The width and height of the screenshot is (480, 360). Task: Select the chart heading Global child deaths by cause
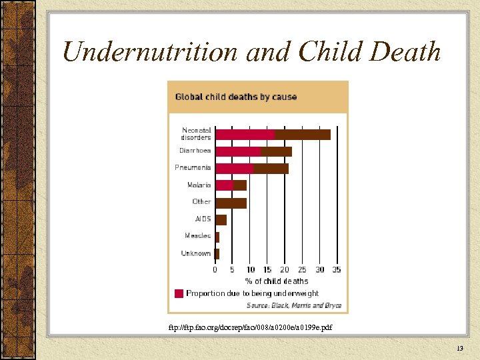point(236,97)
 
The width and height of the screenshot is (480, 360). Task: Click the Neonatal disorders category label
point(196,134)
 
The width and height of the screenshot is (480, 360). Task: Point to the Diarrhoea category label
point(195,151)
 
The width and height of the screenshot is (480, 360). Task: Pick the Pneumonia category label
point(193,167)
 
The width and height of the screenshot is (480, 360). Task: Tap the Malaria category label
point(199,185)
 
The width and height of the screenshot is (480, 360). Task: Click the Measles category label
point(197,235)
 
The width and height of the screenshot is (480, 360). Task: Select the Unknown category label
point(196,253)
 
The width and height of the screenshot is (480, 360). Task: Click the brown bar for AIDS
point(221,219)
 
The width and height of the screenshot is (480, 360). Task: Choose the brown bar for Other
point(231,202)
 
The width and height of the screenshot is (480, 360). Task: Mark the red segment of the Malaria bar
point(224,185)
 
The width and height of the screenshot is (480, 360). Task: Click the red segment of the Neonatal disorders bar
point(245,134)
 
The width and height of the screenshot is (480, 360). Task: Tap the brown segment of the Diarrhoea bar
point(277,151)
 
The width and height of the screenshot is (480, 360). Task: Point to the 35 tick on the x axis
point(336,270)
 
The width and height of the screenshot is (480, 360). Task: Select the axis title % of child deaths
point(277,281)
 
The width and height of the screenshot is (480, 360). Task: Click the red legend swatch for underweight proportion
point(179,293)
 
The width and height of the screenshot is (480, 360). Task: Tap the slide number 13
point(460,349)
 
